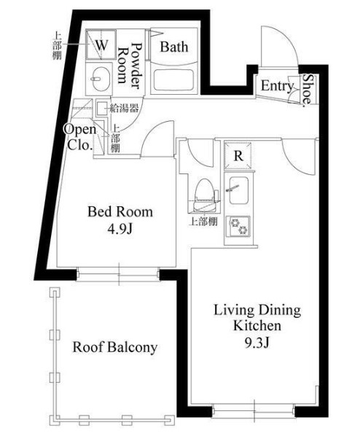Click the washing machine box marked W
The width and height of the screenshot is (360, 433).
101,44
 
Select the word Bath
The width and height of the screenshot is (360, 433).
174,47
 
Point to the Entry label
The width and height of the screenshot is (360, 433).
276,86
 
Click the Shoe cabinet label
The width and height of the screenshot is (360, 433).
309,90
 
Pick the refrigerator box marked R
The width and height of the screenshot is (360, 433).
238,155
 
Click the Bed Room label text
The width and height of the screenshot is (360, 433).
120,212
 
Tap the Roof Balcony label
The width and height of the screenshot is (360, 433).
114,347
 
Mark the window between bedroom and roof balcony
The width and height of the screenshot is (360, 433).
118,274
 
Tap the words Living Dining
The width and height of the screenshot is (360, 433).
257,310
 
